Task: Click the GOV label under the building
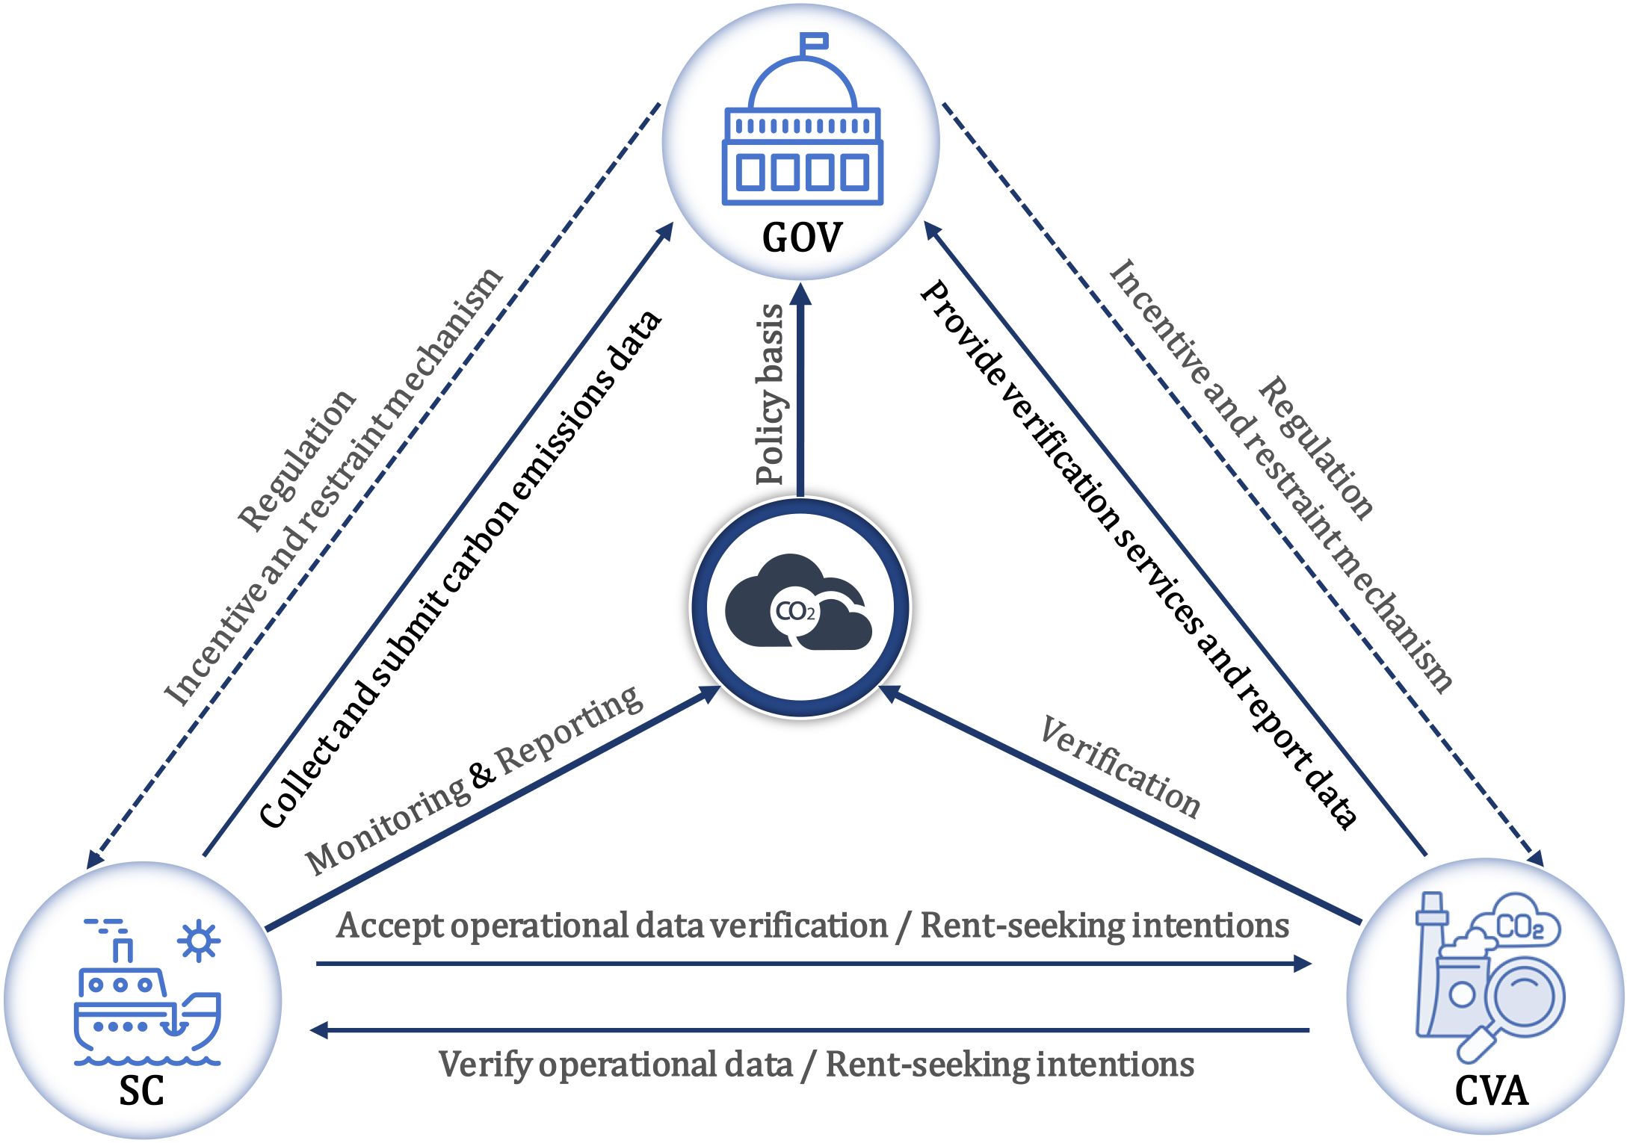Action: click(801, 238)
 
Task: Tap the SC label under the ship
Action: click(141, 1091)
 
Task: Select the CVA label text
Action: click(1491, 1091)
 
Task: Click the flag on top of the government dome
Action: click(814, 42)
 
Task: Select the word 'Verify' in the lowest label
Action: click(486, 1065)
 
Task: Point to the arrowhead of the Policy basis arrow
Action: click(800, 293)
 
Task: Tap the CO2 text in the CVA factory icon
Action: click(1519, 928)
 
